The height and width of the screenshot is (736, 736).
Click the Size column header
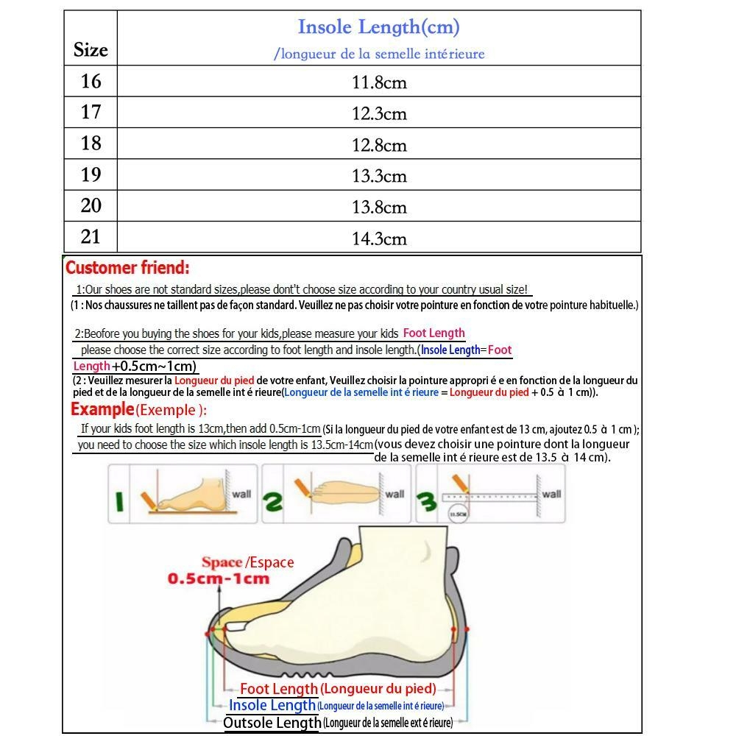(x=91, y=50)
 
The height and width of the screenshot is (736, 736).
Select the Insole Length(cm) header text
(x=378, y=28)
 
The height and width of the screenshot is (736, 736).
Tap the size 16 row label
(x=91, y=81)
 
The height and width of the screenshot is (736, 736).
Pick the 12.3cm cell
(x=379, y=114)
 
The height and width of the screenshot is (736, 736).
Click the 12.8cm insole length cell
(x=379, y=145)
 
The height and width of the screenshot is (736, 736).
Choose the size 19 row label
(x=91, y=174)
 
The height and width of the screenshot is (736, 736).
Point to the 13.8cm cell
(x=379, y=208)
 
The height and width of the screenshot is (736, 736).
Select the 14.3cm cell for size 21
(x=379, y=238)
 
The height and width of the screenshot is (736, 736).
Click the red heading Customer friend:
(x=127, y=268)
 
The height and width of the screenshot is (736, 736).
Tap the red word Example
(x=102, y=409)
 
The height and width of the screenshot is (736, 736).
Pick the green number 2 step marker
(x=273, y=503)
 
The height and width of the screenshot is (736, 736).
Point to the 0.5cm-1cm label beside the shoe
(x=219, y=578)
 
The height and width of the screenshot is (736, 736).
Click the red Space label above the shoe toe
(x=222, y=563)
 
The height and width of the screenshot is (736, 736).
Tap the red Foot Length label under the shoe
(x=278, y=689)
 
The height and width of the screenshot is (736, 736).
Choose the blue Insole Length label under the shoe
(x=272, y=705)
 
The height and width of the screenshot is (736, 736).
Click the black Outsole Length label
(x=272, y=723)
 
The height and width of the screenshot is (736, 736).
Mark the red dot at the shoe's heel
(x=467, y=629)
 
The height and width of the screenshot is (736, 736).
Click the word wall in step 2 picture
(x=394, y=494)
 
